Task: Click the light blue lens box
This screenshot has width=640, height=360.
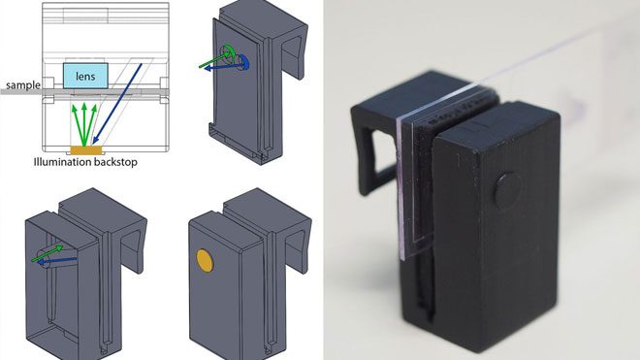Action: coord(85,76)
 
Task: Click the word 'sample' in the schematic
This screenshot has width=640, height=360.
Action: coord(23,85)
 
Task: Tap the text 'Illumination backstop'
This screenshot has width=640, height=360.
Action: coord(85,162)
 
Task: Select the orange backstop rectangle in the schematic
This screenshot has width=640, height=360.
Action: coord(86,150)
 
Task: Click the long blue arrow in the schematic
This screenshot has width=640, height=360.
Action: coord(117,104)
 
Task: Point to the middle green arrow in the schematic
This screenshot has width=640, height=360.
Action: coord(84,124)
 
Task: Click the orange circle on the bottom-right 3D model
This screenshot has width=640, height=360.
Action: coord(205,261)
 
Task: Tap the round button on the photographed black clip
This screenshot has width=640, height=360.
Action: coord(508,189)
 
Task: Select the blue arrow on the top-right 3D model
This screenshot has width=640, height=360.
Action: coord(224,66)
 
